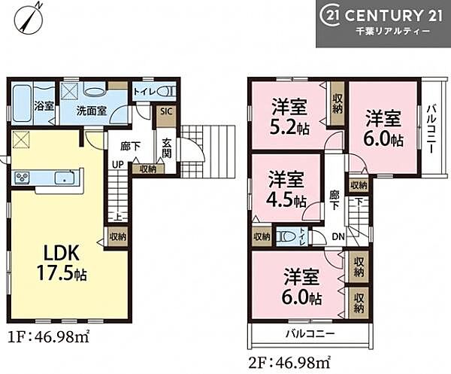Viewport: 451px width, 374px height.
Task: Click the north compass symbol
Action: pyautogui.click(x=29, y=17)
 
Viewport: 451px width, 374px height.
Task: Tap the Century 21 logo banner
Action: pyautogui.click(x=383, y=23)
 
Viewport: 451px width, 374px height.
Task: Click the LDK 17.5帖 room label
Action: pyautogui.click(x=62, y=263)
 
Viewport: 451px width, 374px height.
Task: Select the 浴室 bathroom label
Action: pyautogui.click(x=44, y=106)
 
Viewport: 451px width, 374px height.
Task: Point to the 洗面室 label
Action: pyautogui.click(x=92, y=111)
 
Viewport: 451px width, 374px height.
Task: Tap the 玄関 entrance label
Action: pyautogui.click(x=167, y=148)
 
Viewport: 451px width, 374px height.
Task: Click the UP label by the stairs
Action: pyautogui.click(x=118, y=165)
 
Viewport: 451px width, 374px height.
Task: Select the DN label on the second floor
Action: pyautogui.click(x=338, y=236)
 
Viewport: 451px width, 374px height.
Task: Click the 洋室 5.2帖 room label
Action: pyautogui.click(x=290, y=117)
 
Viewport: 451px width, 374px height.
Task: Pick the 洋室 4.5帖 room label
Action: pyautogui.click(x=286, y=189)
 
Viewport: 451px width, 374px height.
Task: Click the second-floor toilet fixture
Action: pyautogui.click(x=286, y=236)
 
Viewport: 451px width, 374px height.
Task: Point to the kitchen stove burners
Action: pyautogui.click(x=22, y=178)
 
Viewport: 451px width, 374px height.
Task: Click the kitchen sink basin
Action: pyautogui.click(x=65, y=178)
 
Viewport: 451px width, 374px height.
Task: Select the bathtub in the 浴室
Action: pyautogui.click(x=22, y=104)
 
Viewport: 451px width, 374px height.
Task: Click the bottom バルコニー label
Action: pyautogui.click(x=310, y=333)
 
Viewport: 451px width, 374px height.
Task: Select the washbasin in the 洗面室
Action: pyautogui.click(x=95, y=92)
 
